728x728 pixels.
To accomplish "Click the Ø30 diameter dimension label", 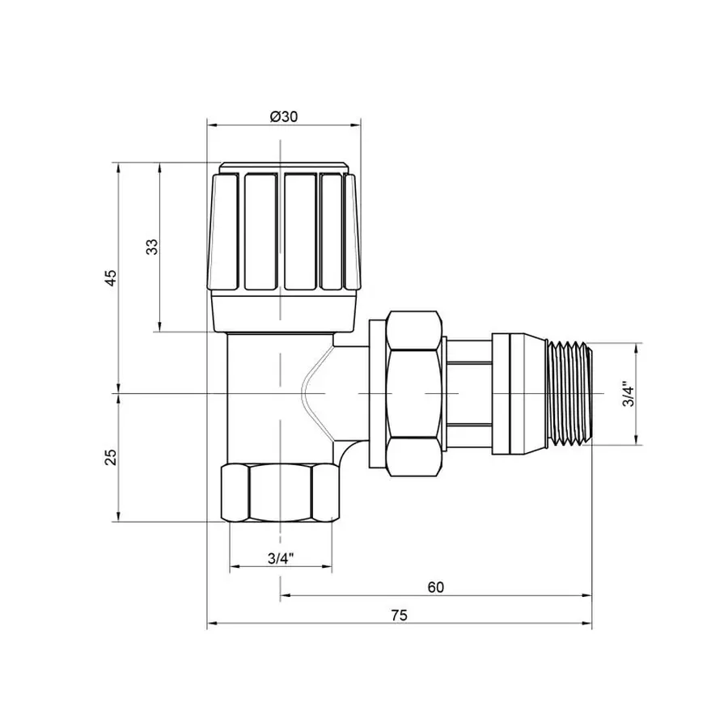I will coord(283,116).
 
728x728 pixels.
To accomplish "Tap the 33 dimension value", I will coord(151,248).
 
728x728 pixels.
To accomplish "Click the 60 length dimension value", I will coord(436,587).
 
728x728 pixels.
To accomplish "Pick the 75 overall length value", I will coord(398,616).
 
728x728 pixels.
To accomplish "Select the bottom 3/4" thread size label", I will coord(280,559).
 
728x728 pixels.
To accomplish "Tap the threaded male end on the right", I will coord(570,393).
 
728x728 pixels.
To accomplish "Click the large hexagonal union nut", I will coord(414,394).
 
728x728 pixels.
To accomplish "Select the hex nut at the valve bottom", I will coord(278,493).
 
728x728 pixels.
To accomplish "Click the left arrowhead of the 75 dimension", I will coord(213,624).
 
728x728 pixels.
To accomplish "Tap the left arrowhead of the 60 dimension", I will coord(286,595).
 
